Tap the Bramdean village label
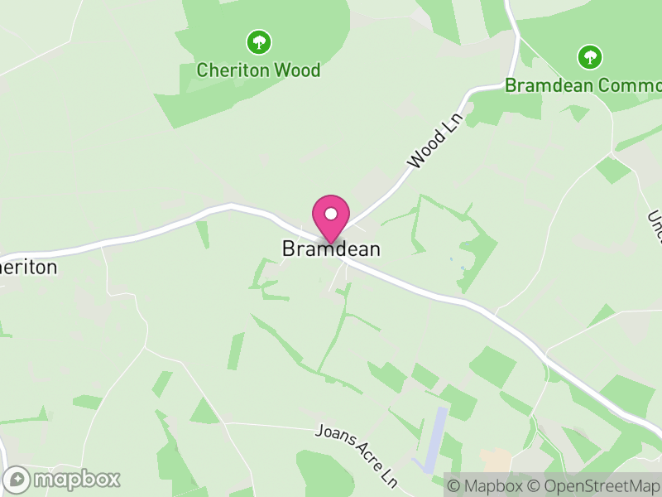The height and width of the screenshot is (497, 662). pyautogui.click(x=331, y=248)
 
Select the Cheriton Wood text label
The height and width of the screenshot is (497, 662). pyautogui.click(x=258, y=70)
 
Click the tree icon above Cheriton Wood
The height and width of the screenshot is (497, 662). pyautogui.click(x=259, y=41)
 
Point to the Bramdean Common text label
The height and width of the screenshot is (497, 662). pyautogui.click(x=583, y=85)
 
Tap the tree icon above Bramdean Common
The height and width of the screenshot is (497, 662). pyautogui.click(x=589, y=57)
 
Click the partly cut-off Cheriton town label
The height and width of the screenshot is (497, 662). pyautogui.click(x=28, y=268)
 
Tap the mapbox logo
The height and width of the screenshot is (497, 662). pyautogui.click(x=63, y=479)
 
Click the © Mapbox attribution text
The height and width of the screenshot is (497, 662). pyautogui.click(x=484, y=485)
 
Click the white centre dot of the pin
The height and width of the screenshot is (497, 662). pyautogui.click(x=331, y=214)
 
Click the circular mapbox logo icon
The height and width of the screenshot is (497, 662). pyautogui.click(x=18, y=479)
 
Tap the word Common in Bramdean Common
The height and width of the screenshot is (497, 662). pyautogui.click(x=629, y=85)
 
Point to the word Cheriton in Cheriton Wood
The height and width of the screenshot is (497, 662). pyautogui.click(x=233, y=70)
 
